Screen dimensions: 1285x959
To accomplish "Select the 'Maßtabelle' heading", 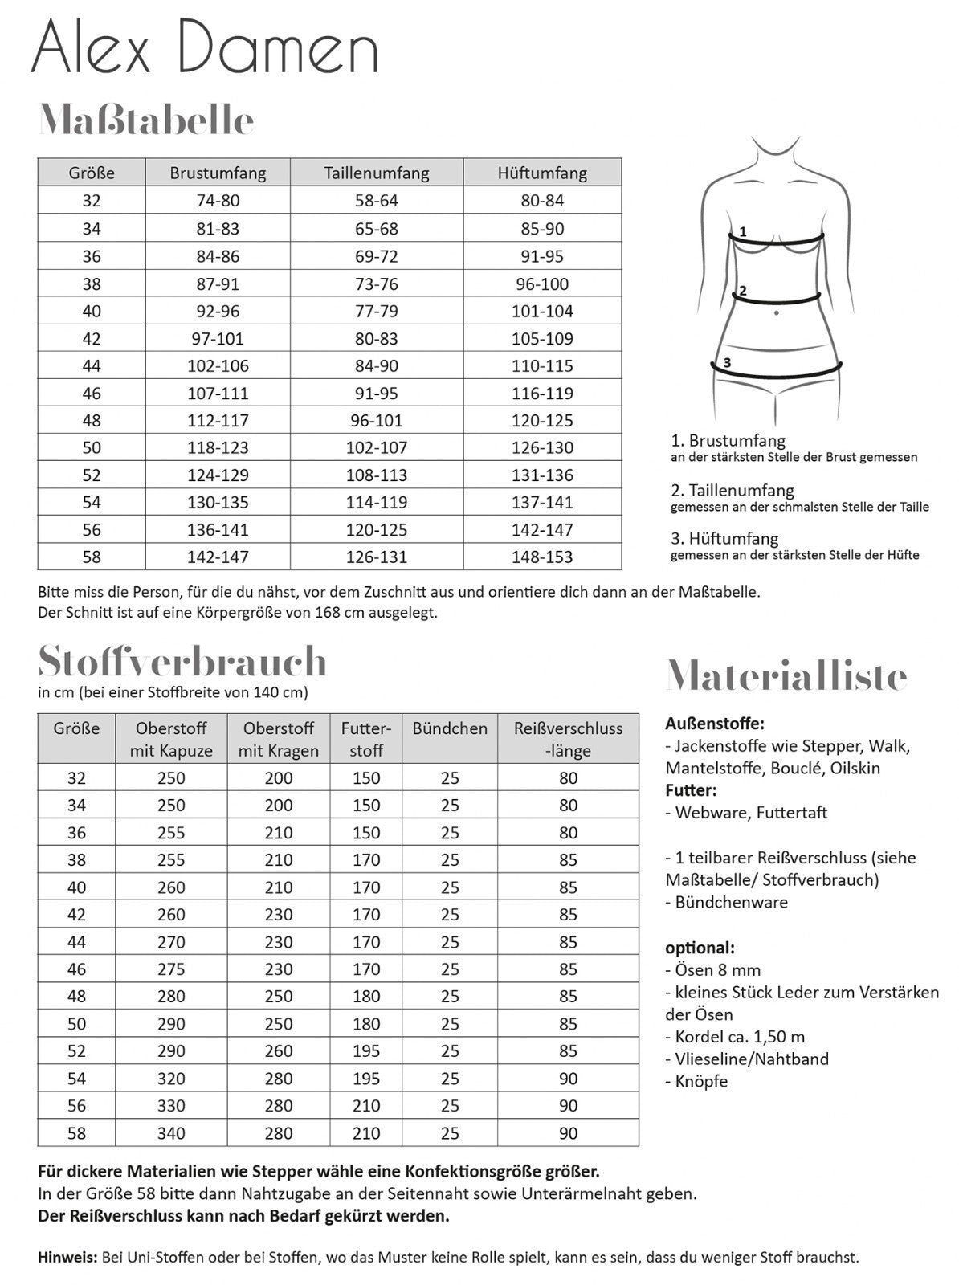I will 146,120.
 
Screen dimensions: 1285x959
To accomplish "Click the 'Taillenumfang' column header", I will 376,173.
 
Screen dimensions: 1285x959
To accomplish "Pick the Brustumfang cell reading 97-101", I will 217,338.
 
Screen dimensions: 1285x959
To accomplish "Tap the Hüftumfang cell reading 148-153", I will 542,557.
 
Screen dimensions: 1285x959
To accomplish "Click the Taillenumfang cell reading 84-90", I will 376,365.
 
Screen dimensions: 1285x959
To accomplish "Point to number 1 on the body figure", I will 743,231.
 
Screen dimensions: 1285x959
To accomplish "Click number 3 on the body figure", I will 727,362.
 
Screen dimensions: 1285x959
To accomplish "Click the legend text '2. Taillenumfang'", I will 732,490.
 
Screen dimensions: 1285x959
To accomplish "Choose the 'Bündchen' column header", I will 450,728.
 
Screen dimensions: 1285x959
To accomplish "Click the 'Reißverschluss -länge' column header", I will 568,739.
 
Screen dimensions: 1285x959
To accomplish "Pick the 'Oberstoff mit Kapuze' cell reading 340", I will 171,1133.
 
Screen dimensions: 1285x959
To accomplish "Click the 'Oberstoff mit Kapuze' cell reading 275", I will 171,969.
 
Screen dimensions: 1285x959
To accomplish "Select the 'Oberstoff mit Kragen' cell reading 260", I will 279,1050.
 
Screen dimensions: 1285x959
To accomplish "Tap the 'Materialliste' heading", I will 786,676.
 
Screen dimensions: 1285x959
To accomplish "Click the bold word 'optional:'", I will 700,947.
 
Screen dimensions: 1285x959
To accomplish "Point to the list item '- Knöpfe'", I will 696,1081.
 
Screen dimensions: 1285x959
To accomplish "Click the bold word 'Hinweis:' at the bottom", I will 67,1257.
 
